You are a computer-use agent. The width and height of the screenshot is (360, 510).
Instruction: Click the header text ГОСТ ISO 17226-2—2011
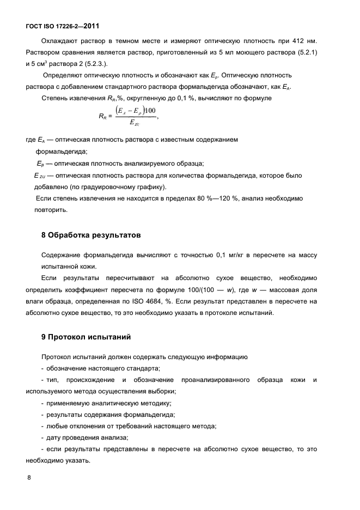coord(62,26)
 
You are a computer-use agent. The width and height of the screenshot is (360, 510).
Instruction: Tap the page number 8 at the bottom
coord(29,478)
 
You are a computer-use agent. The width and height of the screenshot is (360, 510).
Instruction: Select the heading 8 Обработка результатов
coord(91,235)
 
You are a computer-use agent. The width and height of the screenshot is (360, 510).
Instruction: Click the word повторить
coord(51,210)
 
